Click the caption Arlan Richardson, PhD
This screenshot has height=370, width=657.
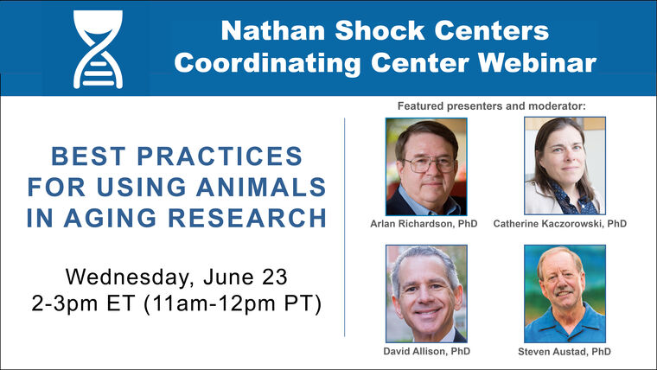click(x=424, y=224)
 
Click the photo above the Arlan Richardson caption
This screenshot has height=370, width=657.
click(x=426, y=166)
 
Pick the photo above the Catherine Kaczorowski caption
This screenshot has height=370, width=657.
click(x=565, y=166)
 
